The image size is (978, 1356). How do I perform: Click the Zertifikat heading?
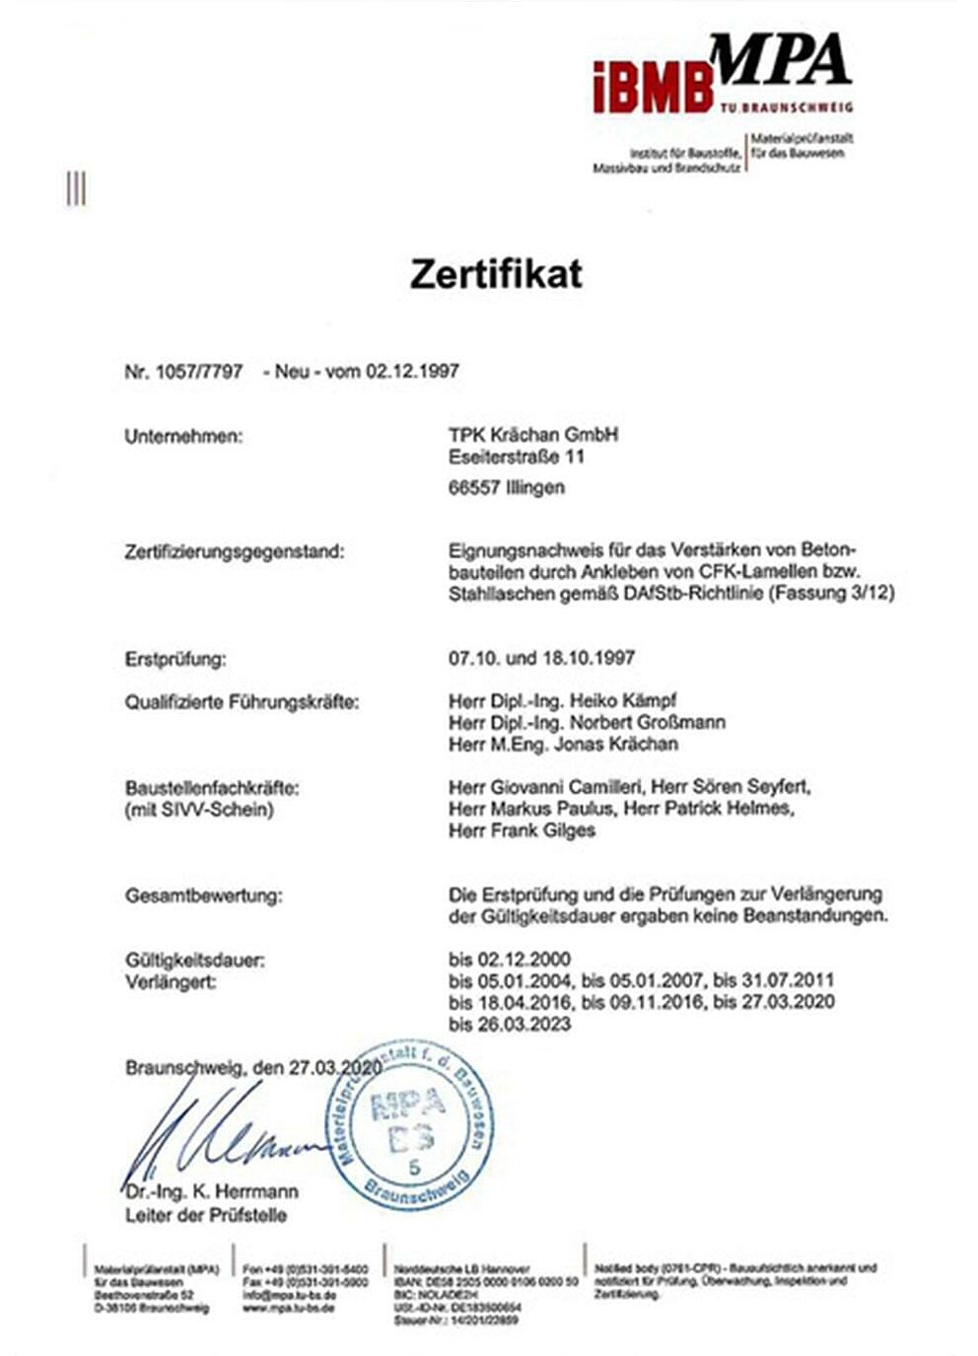[496, 273]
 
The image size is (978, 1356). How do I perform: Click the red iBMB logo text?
[652, 86]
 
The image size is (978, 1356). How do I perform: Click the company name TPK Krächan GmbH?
[532, 434]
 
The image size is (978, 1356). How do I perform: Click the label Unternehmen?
[182, 436]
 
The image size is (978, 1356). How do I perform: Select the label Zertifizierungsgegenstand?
[235, 551]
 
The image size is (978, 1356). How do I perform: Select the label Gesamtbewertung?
[203, 895]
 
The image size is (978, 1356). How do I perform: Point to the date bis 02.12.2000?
[509, 959]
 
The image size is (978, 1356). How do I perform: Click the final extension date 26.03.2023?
[525, 1024]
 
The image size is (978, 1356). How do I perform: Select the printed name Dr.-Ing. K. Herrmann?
[212, 1190]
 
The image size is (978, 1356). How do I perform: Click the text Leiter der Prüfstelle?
[205, 1215]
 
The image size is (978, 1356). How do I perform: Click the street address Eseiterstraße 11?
[516, 457]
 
